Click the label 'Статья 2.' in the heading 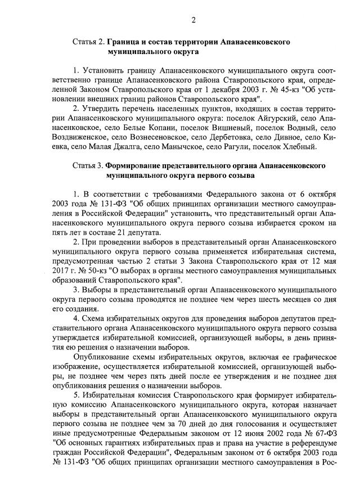88,42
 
